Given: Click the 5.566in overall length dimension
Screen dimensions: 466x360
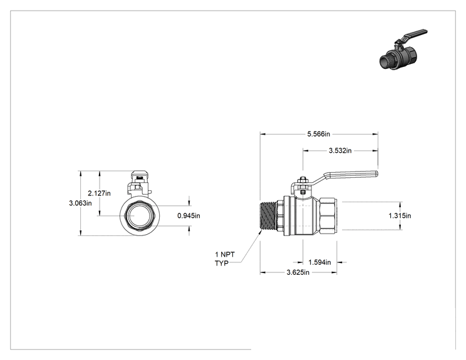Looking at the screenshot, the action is tap(319, 134).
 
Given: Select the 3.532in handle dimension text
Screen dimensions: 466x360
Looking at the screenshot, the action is tap(340, 151).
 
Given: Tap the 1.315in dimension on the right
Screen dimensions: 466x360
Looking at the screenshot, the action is tap(400, 215).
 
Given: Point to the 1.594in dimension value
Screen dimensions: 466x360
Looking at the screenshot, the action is tap(319, 262).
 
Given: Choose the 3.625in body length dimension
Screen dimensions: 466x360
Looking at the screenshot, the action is tap(298, 272).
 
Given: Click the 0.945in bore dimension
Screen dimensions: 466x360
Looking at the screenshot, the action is tap(189, 215).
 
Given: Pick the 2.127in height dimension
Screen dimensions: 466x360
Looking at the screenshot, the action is tap(99, 193).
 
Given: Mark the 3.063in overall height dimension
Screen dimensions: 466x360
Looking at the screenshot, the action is tap(80, 203).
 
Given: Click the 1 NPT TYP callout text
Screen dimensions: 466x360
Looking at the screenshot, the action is tap(225, 259).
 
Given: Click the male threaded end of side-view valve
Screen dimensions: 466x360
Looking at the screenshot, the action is tap(268, 215).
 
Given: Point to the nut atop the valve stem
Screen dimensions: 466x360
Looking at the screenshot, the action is tap(303, 180).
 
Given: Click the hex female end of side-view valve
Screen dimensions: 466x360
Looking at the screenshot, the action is tap(328, 215).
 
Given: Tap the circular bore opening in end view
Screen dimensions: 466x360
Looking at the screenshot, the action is tap(140, 215).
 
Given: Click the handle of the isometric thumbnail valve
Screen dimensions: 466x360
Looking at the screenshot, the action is tap(414, 34).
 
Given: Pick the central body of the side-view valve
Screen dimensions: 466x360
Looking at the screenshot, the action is tap(302, 215).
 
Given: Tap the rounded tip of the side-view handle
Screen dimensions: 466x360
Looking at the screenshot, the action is tap(377, 173).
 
